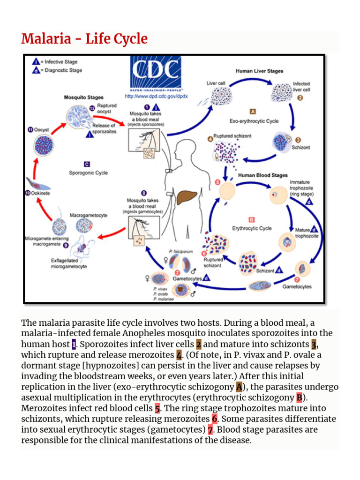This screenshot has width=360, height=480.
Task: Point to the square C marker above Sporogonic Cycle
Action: [x=87, y=164]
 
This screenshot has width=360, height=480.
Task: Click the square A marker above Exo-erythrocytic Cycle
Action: [x=253, y=112]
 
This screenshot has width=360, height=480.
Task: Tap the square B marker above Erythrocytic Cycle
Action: [x=251, y=219]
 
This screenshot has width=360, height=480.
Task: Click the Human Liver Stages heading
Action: [x=259, y=71]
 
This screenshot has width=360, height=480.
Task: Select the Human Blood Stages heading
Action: [x=262, y=175]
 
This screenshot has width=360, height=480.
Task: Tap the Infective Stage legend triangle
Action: [x=36, y=62]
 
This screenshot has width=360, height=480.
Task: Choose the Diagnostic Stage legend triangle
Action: [x=36, y=70]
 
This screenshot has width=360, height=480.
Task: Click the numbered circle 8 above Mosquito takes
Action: [x=143, y=193]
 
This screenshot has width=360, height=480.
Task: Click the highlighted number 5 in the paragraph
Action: [x=157, y=408]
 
